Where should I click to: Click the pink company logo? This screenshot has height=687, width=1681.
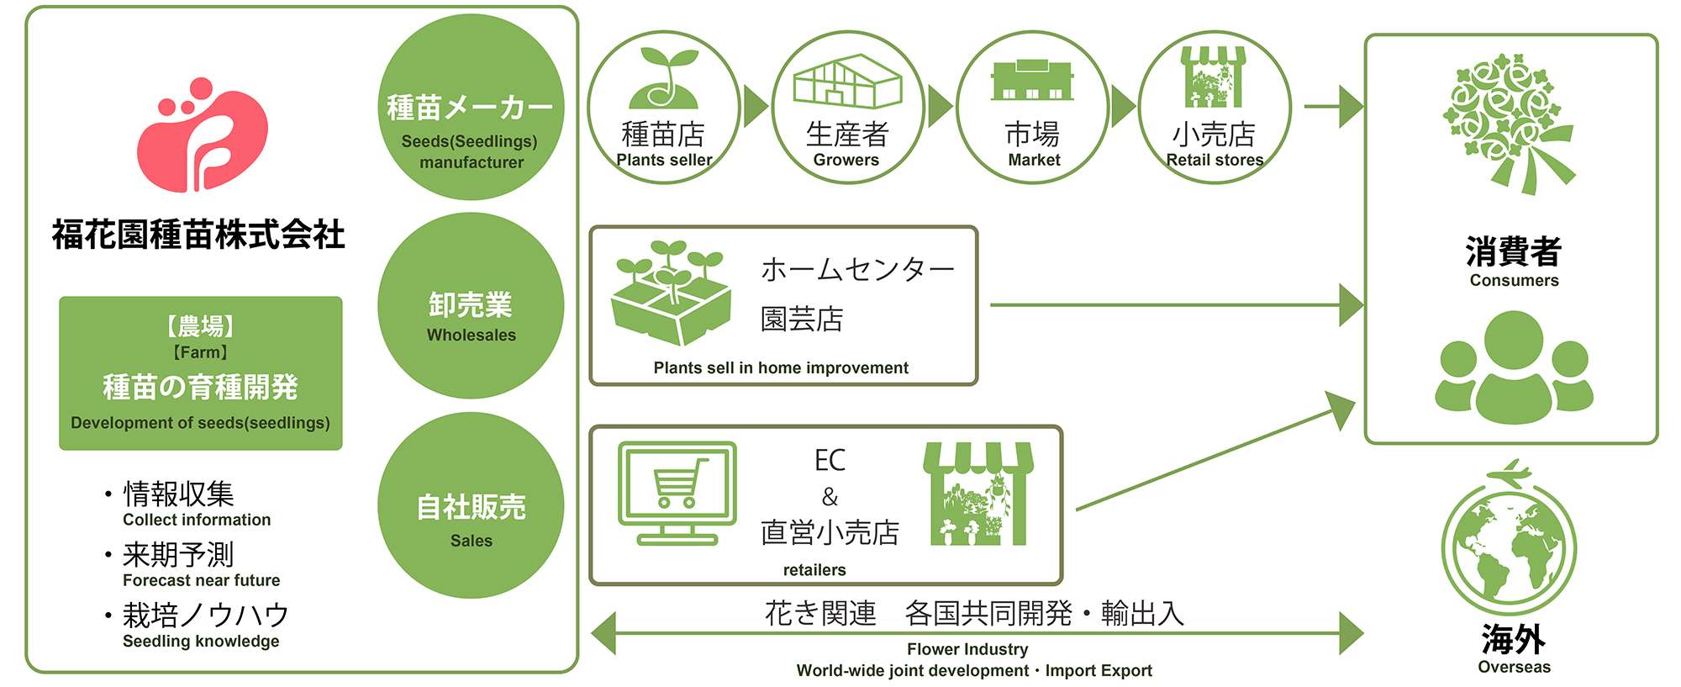(202, 135)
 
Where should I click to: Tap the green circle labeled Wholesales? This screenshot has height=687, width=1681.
(471, 305)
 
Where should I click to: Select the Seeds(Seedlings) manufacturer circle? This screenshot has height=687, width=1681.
(471, 107)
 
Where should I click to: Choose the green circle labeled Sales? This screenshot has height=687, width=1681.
(471, 505)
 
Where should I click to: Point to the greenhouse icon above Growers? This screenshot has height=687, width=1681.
(847, 82)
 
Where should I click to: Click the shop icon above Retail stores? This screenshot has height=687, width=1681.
(1214, 77)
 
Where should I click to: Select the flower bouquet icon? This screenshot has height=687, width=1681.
(1509, 124)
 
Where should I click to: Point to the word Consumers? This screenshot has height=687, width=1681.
(1514, 281)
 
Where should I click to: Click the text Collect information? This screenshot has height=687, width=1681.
(197, 520)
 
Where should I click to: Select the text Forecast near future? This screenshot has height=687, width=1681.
(201, 580)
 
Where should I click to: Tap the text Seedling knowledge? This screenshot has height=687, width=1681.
(201, 641)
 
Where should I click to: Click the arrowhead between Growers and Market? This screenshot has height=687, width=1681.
(940, 107)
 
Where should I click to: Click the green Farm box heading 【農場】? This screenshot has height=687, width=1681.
(200, 325)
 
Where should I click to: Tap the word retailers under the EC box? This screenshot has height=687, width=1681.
(814, 570)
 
